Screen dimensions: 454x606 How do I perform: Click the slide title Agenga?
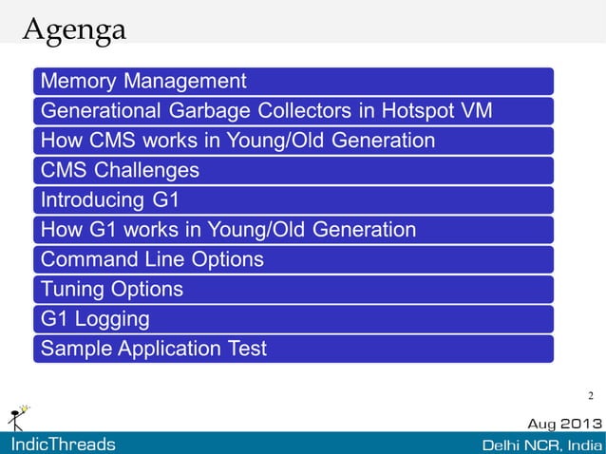tap(73, 30)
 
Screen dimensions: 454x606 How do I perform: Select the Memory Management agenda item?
tap(143, 81)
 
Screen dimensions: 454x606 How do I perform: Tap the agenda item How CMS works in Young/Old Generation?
tap(237, 141)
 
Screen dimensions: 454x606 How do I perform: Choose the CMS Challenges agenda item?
tap(120, 171)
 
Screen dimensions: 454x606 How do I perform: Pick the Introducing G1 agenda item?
tap(110, 200)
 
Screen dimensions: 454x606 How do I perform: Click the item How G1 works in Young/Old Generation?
tap(228, 230)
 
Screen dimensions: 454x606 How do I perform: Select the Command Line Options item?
tap(152, 259)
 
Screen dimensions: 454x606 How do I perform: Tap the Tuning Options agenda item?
tap(112, 289)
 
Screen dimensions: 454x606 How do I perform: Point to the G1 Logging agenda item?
tap(95, 318)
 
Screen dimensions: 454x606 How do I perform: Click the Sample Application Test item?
tap(153, 349)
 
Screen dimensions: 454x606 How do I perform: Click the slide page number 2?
tap(591, 395)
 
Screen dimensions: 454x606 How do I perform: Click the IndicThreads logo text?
tap(63, 444)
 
